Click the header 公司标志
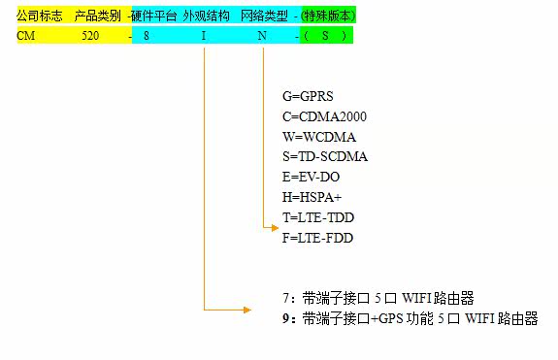(40, 16)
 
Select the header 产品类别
(97, 16)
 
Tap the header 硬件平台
(153, 16)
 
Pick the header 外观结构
(207, 16)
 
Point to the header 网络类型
(264, 16)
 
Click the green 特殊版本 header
(328, 16)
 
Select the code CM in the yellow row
(26, 36)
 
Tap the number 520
(90, 36)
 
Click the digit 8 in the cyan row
(147, 36)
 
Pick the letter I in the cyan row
(204, 36)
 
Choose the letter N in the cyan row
(262, 36)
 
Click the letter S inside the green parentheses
(325, 36)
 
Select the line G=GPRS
(308, 96)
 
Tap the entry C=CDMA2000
(324, 116)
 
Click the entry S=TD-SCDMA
(325, 157)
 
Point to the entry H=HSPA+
(312, 197)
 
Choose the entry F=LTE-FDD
(317, 238)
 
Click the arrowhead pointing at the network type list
(275, 228)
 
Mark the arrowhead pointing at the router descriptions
(247, 310)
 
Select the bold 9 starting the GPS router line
(286, 318)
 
